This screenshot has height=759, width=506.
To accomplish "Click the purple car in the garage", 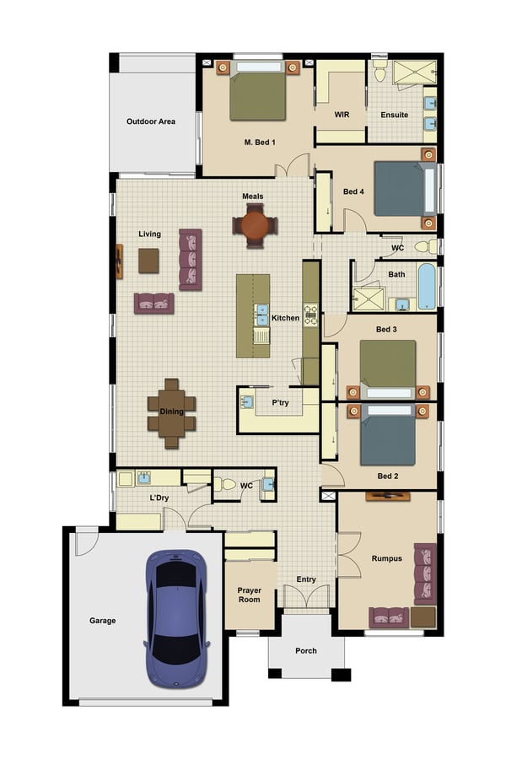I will click(177, 617).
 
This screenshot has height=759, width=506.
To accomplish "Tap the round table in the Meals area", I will click(254, 226).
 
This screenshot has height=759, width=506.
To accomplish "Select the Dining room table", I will click(171, 412).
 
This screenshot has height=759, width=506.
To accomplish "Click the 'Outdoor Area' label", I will click(151, 121).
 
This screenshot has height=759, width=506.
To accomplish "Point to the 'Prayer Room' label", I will click(249, 594).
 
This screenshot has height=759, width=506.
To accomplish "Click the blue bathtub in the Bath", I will click(426, 288).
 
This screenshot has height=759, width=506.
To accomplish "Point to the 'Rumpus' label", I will click(386, 558).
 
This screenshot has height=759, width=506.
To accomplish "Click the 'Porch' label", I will click(306, 651).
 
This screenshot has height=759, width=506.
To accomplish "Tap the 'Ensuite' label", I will click(394, 115).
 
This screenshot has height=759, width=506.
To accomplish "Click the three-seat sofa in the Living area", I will click(191, 259).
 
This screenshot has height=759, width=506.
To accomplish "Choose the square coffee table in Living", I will click(148, 261).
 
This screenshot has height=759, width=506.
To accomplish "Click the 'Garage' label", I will click(103, 621).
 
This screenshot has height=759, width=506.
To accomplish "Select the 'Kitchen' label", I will click(285, 318).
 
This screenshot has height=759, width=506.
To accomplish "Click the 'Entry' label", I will click(306, 579).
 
